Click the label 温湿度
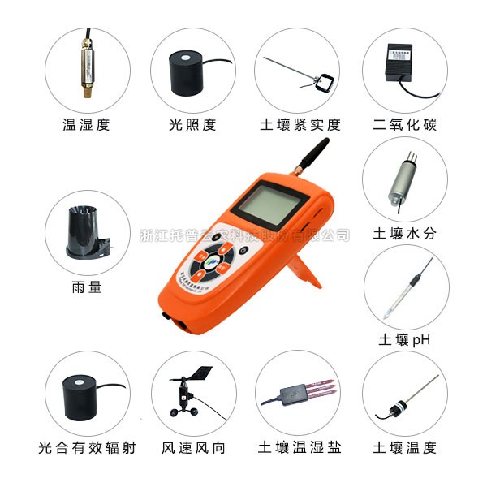pos(85,125)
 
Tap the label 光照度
pos(192,125)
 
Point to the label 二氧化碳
pos(403,125)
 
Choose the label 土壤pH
pos(403,339)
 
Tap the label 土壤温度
pos(403,447)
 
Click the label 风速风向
pos(192,447)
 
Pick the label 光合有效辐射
pos(87,447)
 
